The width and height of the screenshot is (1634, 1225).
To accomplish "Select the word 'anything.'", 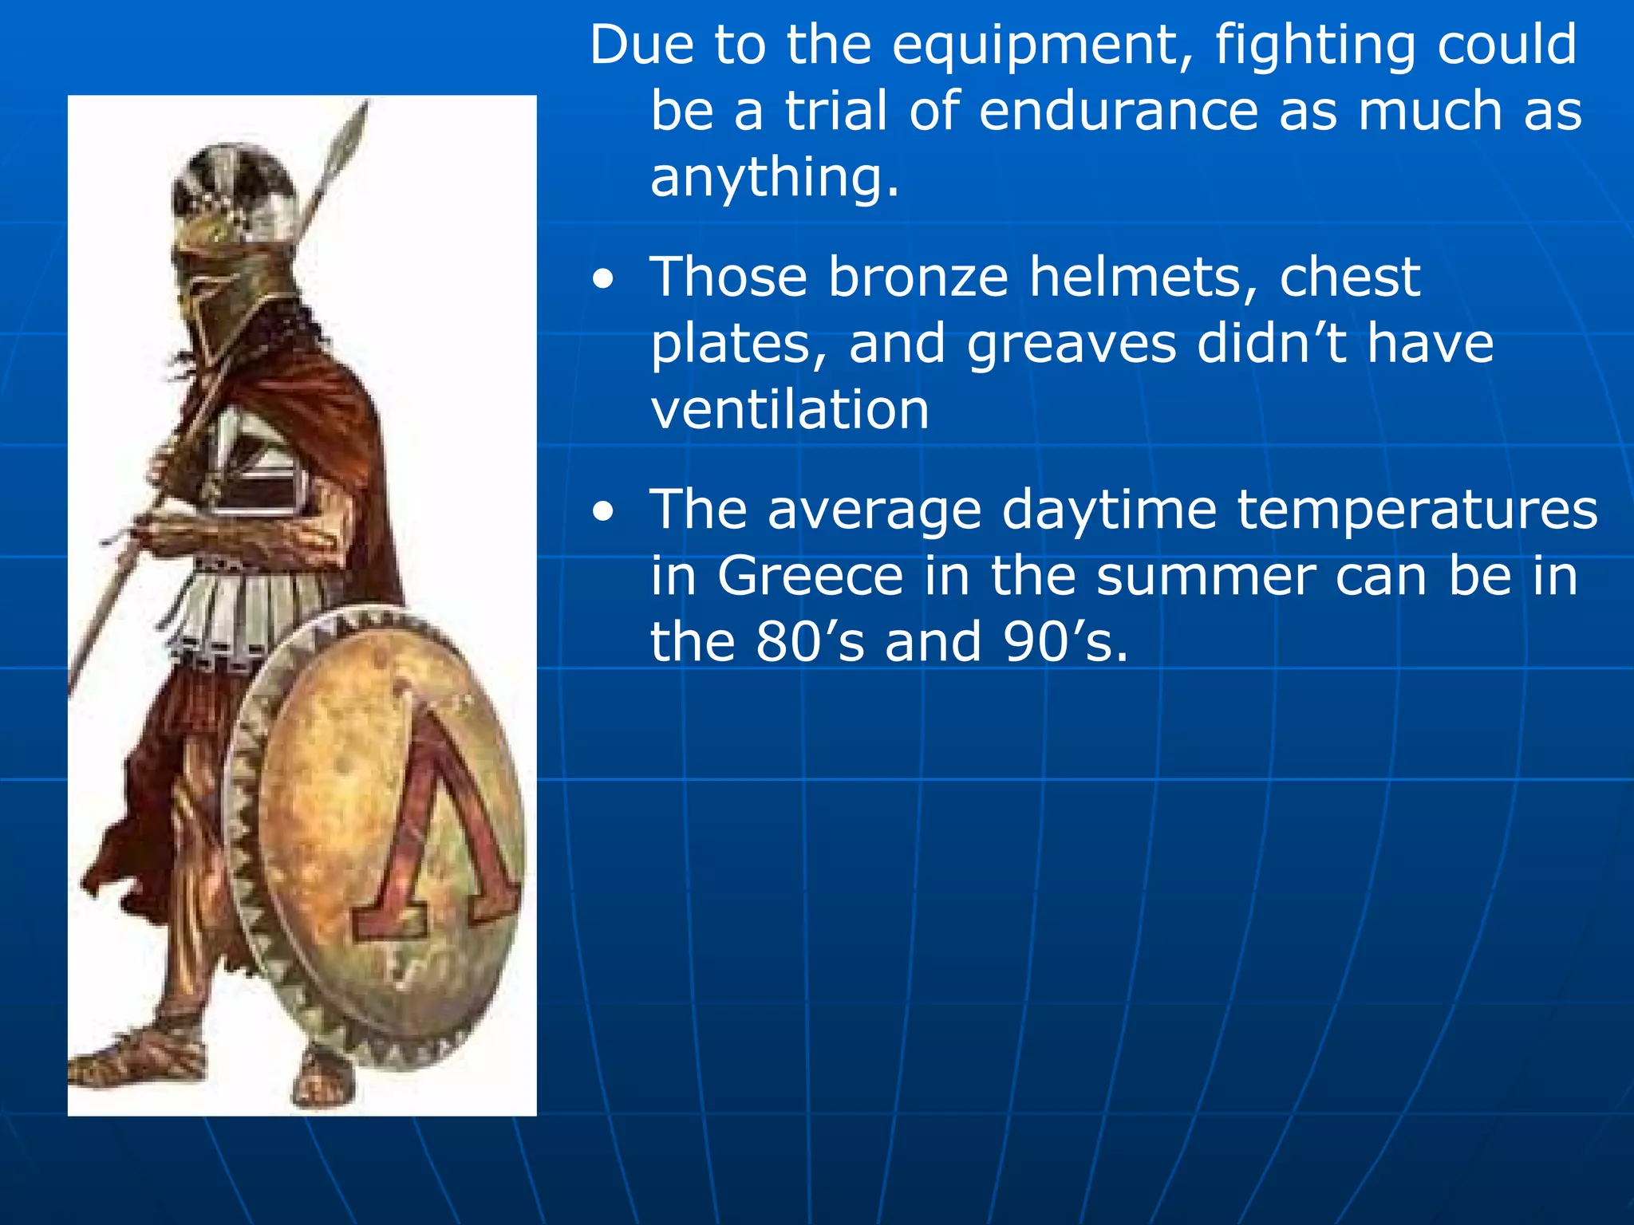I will [x=775, y=178].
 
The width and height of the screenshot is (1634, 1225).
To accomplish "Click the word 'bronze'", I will [x=918, y=278].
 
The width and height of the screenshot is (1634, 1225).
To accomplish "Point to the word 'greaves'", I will [x=1072, y=345].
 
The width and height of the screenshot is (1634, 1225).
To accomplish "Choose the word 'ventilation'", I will [x=790, y=410].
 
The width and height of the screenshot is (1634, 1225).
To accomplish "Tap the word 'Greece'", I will [x=810, y=576].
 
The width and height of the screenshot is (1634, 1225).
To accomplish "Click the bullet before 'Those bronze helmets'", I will [x=604, y=281].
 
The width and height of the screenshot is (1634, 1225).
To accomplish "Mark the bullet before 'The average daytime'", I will [x=604, y=513].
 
